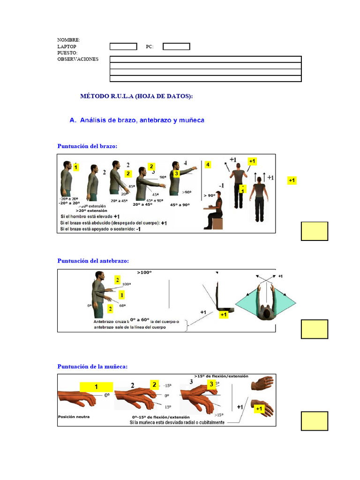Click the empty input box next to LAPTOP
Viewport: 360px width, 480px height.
tap(123, 46)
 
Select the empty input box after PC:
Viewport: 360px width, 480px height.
tap(176, 46)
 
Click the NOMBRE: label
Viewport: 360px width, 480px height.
tap(68, 40)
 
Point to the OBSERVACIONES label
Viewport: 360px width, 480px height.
tap(78, 59)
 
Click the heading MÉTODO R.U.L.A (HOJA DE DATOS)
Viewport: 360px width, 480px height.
tap(136, 96)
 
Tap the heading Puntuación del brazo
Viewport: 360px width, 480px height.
tap(87, 146)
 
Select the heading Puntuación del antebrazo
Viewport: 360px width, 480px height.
tap(93, 261)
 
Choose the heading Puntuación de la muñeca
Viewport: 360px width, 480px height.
tap(92, 366)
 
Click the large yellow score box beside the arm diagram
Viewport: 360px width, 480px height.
tap(314, 231)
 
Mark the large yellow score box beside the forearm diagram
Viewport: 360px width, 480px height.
tap(314, 329)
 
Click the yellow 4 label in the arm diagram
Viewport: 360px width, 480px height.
tap(208, 165)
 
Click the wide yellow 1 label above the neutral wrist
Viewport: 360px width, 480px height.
tap(96, 387)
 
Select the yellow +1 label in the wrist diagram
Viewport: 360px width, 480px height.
tap(259, 409)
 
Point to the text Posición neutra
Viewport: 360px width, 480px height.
tap(74, 416)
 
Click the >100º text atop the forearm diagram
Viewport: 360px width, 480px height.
tap(145, 272)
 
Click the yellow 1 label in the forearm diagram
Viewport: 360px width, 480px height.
tap(121, 295)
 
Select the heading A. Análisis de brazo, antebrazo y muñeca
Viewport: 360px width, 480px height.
tap(136, 120)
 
